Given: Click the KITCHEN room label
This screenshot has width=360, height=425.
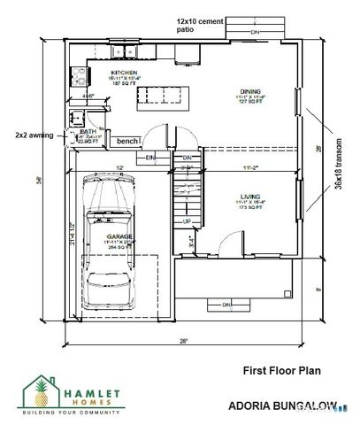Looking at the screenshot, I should [x=124, y=73].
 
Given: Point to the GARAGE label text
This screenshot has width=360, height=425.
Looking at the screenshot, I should [x=119, y=237].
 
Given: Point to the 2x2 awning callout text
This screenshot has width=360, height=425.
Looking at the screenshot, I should [x=35, y=135].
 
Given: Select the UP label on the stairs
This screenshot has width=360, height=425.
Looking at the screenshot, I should [x=187, y=220].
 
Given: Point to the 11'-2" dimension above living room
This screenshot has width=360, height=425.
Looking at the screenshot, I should [x=249, y=166].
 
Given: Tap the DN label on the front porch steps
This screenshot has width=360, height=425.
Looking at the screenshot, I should [x=226, y=305].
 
